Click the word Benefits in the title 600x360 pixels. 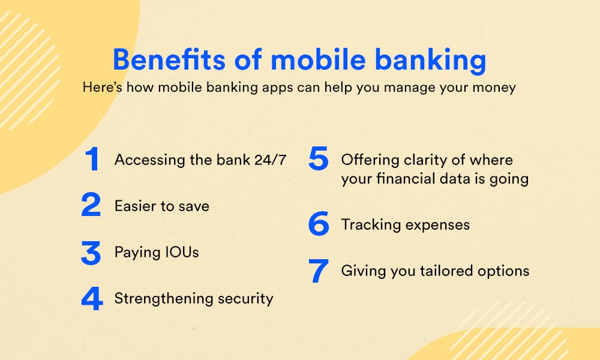(169, 59)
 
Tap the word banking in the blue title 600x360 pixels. (430, 61)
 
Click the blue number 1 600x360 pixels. (92, 158)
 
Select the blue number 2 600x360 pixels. (91, 205)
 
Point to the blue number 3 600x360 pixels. (91, 253)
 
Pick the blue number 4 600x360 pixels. (92, 298)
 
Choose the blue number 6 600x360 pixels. (319, 223)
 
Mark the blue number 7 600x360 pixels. (319, 271)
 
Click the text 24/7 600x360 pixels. (271, 160)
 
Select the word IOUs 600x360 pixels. (182, 252)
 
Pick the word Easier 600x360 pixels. (136, 206)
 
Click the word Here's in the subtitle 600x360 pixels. (103, 87)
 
